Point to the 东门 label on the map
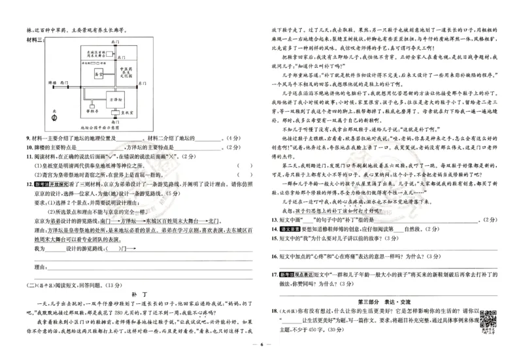tap(142, 84)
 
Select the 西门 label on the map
tap(64, 84)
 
